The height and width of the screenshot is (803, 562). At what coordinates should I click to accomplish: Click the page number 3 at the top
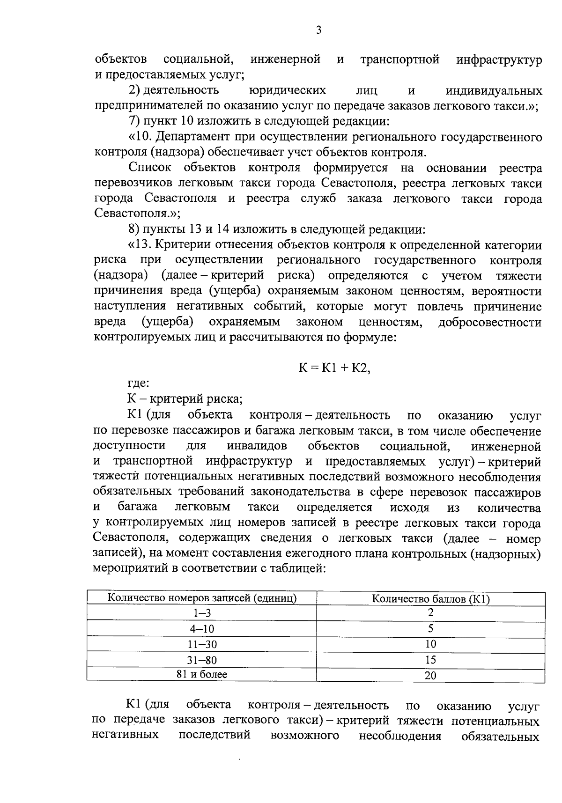click(318, 30)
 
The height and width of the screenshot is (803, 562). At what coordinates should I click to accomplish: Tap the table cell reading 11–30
click(202, 644)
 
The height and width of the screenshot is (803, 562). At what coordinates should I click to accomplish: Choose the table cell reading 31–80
click(202, 660)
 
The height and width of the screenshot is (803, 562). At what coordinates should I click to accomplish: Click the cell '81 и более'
click(202, 674)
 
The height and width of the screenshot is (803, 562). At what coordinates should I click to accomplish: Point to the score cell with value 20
click(430, 675)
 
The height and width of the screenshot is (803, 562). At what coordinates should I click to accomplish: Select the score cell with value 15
click(430, 660)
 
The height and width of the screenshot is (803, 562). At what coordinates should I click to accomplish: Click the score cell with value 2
click(430, 612)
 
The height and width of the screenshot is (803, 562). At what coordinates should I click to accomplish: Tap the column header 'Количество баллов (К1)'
click(430, 599)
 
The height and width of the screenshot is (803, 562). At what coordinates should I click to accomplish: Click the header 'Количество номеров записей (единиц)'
click(202, 598)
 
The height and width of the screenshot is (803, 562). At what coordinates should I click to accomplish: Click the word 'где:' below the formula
click(138, 384)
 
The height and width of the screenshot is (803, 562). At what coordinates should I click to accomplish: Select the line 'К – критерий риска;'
click(185, 399)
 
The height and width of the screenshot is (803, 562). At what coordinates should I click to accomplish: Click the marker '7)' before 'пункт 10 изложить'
click(135, 122)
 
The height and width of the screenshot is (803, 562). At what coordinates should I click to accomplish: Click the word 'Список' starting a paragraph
click(150, 168)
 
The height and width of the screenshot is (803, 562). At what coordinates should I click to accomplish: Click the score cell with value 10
click(430, 644)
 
